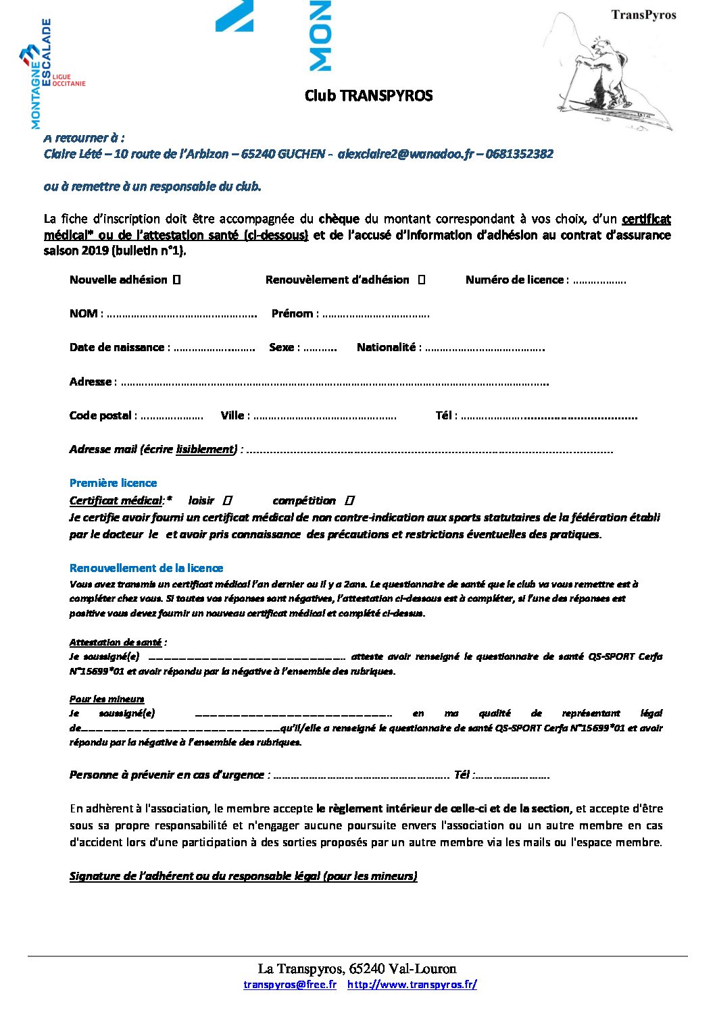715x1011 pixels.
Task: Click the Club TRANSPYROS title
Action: pos(368,95)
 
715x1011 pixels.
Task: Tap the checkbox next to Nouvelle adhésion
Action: pos(176,280)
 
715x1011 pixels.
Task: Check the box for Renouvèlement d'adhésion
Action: pos(422,280)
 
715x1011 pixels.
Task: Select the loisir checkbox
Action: pos(228,500)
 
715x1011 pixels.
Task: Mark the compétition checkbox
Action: pos(349,500)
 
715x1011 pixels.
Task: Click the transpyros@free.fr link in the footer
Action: pos(290,985)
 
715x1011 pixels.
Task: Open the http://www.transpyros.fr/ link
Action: pos(412,985)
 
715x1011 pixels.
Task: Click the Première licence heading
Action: pos(113,483)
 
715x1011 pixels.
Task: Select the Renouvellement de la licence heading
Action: pos(146,568)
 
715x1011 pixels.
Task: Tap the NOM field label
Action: pos(84,313)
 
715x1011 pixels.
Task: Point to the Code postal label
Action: pos(101,415)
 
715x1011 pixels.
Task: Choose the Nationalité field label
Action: pos(386,347)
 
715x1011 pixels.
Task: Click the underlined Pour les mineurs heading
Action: pos(107,699)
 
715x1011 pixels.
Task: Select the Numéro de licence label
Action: pos(514,280)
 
